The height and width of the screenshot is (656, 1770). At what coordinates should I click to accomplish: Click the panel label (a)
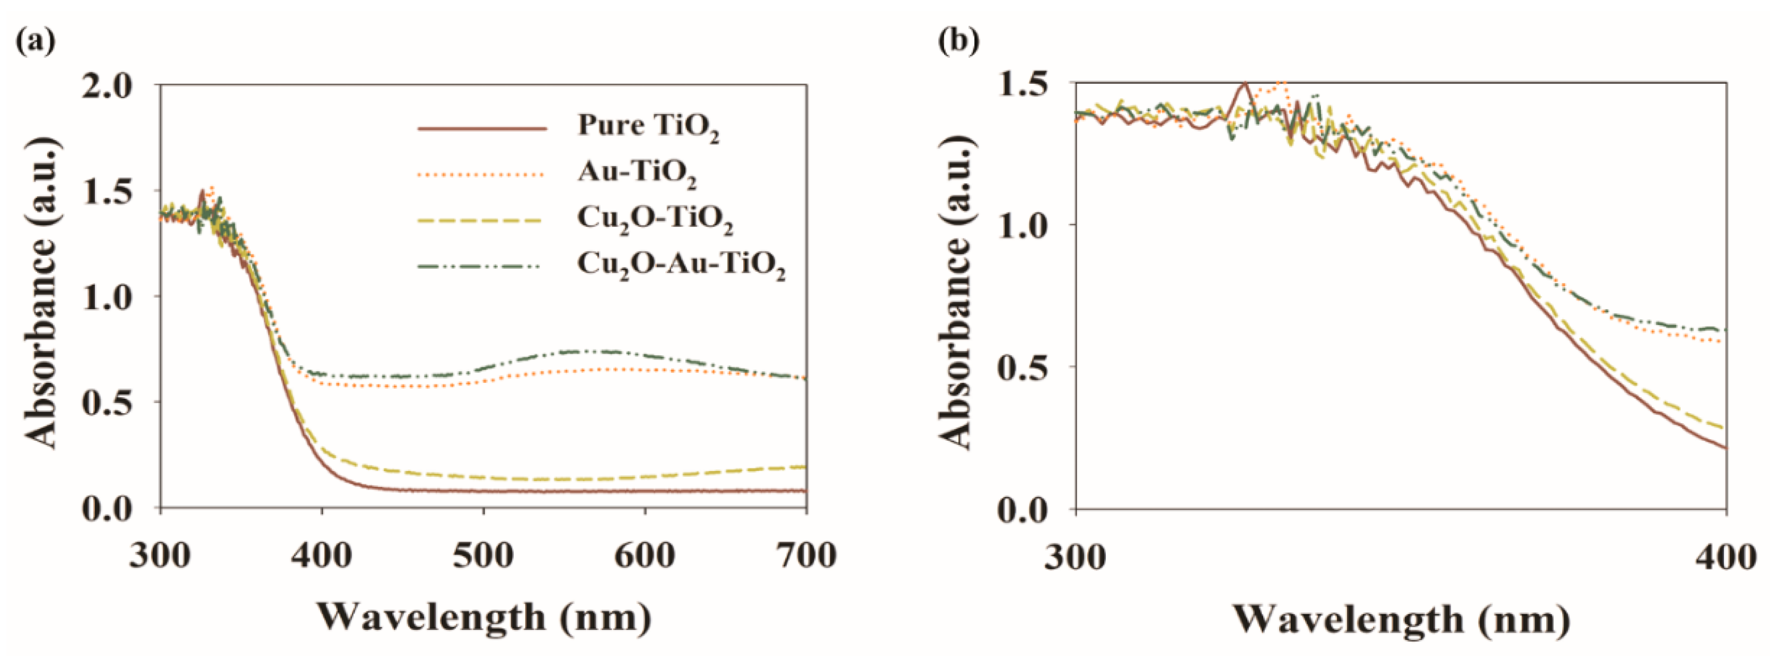(34, 41)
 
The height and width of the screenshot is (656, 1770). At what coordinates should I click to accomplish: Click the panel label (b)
(958, 41)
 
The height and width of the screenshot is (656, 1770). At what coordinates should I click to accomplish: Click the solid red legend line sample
(482, 128)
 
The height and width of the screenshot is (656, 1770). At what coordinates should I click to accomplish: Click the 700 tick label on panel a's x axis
(805, 554)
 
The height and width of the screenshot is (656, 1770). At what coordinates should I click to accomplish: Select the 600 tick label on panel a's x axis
(645, 554)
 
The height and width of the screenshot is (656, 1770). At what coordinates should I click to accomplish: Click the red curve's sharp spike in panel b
(1244, 84)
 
